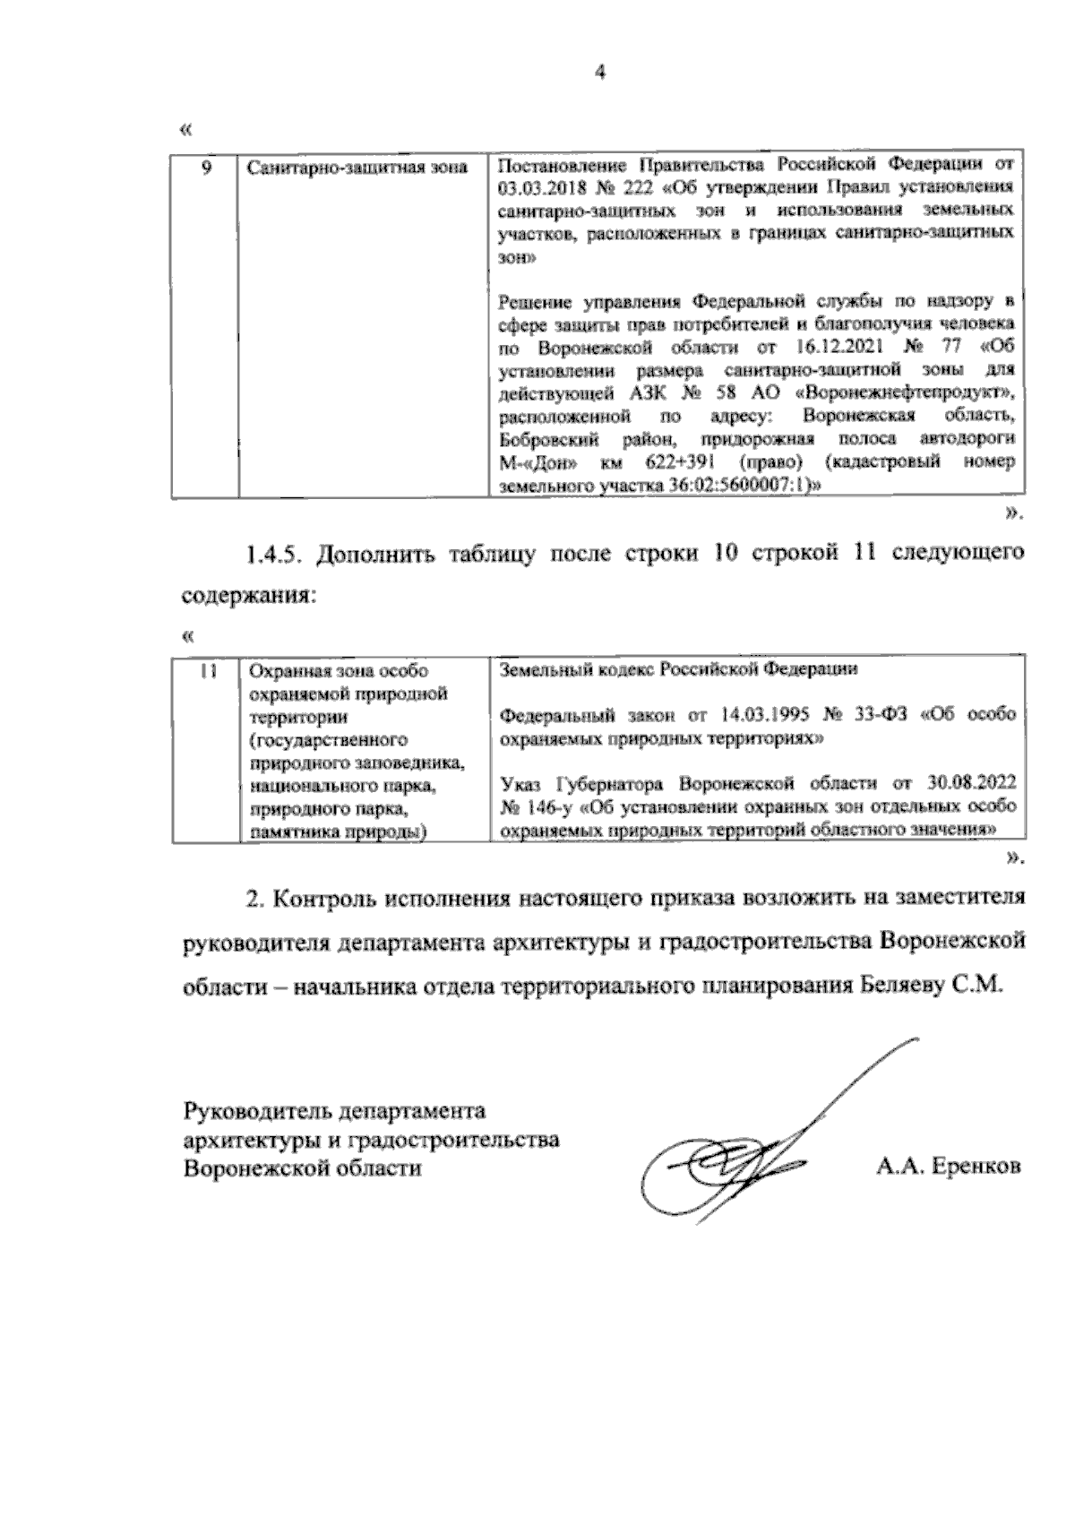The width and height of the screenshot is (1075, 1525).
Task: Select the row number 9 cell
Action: click(205, 167)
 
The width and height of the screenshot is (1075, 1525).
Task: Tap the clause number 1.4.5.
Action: click(276, 555)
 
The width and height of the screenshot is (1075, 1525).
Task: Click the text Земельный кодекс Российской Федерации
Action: click(678, 669)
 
